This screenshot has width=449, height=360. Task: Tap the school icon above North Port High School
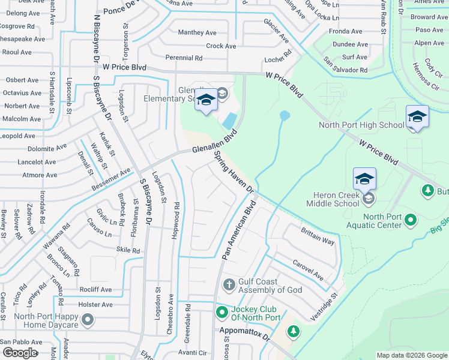(417, 117)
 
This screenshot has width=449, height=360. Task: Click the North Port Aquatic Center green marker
(411, 220)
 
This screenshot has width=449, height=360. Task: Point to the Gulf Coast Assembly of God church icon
(229, 284)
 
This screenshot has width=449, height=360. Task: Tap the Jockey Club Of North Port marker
(222, 312)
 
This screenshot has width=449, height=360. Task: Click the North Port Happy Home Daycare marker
(88, 319)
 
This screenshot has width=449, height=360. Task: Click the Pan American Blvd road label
(239, 230)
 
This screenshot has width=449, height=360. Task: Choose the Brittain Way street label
(318, 237)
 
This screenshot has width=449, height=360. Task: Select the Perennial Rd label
(185, 58)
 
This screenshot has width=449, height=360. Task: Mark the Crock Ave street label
(221, 46)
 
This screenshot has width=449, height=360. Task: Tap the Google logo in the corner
(20, 353)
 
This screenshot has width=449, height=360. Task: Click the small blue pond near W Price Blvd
(285, 114)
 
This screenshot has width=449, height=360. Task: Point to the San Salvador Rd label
(345, 65)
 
